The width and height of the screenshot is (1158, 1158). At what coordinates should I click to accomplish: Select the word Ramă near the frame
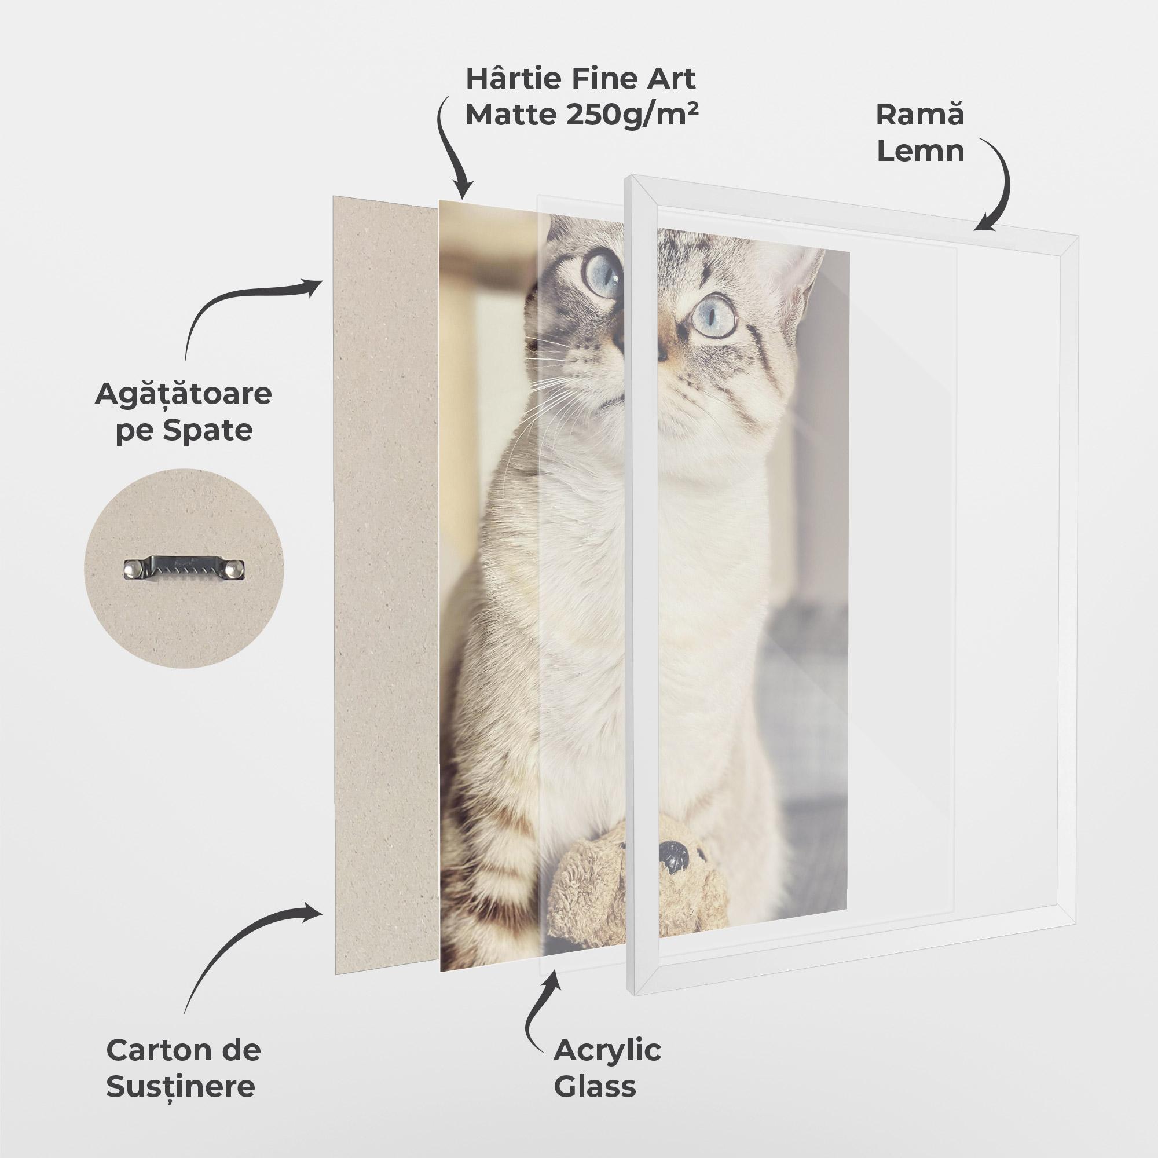click(919, 115)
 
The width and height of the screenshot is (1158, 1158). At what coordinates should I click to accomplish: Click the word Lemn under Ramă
click(920, 151)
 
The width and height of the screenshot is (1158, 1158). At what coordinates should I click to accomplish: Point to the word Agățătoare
click(183, 395)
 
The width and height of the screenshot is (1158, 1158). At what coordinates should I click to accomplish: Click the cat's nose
click(661, 354)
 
